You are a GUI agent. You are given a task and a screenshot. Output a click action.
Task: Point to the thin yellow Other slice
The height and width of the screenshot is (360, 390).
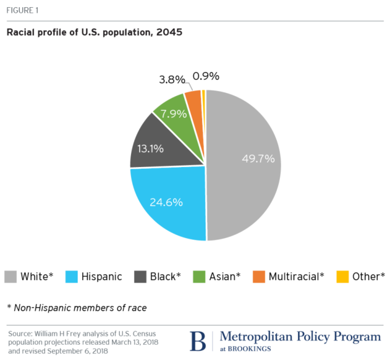(x=203, y=99)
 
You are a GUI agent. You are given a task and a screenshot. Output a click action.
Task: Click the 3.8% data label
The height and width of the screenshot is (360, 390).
(x=172, y=80)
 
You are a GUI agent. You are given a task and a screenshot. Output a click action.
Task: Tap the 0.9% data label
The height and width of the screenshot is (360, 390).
(x=206, y=76)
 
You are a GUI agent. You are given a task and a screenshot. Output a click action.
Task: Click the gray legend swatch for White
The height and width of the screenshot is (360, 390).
(x=10, y=277)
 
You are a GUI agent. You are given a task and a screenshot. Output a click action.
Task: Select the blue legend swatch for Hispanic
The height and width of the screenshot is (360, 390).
(x=71, y=277)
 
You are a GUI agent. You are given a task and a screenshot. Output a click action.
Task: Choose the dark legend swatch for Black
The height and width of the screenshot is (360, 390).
(x=140, y=277)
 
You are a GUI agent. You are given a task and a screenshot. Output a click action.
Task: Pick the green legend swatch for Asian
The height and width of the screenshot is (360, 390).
(x=199, y=277)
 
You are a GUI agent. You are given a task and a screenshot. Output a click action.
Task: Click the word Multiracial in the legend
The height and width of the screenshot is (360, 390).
(x=294, y=276)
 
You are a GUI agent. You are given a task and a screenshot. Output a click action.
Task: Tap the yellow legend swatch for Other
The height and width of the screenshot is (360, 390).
(x=342, y=277)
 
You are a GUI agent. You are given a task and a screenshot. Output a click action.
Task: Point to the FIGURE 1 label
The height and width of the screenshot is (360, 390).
(x=22, y=10)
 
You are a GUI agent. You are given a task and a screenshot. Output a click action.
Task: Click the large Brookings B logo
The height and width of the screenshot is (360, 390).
(x=198, y=341)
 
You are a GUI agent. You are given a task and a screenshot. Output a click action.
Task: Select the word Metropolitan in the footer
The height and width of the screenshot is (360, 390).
(x=256, y=337)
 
